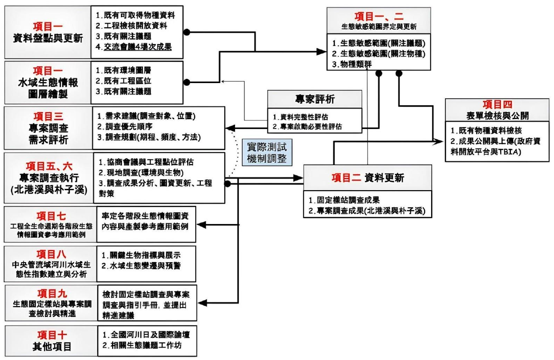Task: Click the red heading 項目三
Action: click(48, 116)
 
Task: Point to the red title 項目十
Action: click(48, 335)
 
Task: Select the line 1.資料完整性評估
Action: click(306, 116)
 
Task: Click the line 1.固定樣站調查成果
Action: click(344, 200)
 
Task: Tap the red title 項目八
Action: click(48, 255)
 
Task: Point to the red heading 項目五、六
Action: click(48, 166)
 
